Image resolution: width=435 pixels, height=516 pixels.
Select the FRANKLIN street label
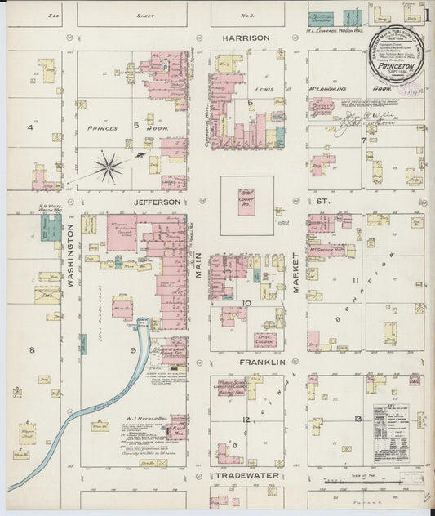(262, 361)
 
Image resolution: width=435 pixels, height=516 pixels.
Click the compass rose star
(108, 167)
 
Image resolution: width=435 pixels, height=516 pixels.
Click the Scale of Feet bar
(371, 481)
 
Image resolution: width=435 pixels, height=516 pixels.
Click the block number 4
(31, 127)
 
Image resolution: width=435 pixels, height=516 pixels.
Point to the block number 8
(33, 350)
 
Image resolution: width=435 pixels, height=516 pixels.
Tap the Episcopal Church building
(264, 339)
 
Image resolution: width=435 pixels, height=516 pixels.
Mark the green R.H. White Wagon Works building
(51, 227)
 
